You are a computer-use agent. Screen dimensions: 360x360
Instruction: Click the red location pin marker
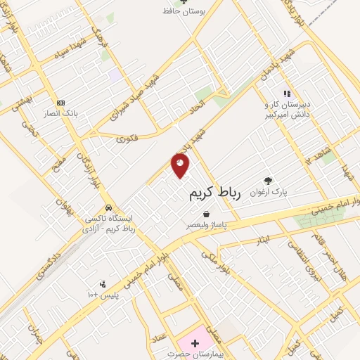[x=180, y=165]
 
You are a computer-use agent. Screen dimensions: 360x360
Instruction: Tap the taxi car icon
[x=108, y=208]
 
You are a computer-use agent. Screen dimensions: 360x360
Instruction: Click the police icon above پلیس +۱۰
[x=103, y=283]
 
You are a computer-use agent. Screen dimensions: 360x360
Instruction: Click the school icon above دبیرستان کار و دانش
[x=286, y=93]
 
